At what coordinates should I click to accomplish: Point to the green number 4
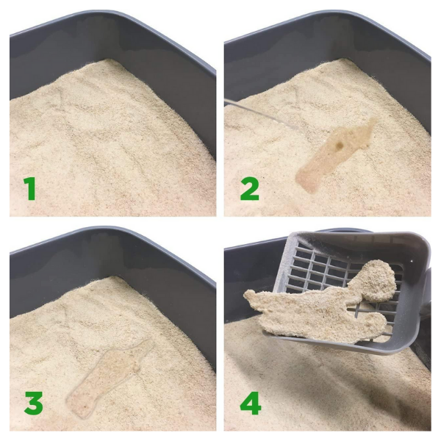click(x=251, y=402)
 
